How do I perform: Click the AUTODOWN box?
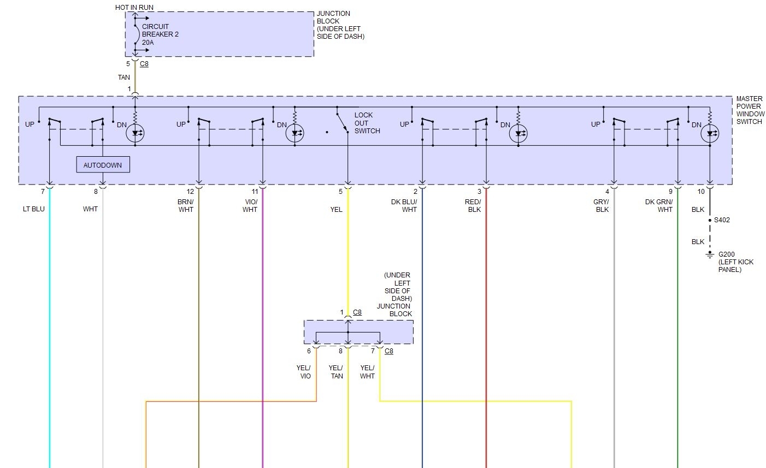point(103,165)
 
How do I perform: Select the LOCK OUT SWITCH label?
point(367,123)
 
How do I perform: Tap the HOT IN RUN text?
point(134,8)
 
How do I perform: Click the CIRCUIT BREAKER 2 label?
point(160,34)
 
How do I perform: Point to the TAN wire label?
point(124,78)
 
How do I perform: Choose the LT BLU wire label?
point(34,209)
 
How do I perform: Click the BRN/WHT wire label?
point(186,206)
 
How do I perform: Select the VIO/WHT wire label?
point(250,206)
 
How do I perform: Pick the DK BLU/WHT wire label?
point(404,206)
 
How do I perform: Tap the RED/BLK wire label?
point(473,206)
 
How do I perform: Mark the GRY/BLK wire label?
point(602,206)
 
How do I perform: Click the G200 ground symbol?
point(710,255)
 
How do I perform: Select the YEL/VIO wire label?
point(304,372)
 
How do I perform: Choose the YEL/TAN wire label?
point(336,372)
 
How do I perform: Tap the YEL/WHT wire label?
point(367,372)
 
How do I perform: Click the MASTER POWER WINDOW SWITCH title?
point(750,110)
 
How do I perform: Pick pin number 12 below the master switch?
point(190,192)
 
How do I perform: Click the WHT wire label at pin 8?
point(91,209)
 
